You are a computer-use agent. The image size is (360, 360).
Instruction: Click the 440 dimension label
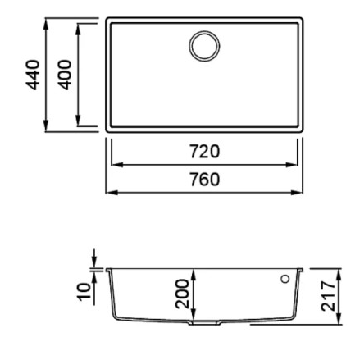point(33,75)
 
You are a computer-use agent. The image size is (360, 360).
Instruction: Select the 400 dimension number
point(65,75)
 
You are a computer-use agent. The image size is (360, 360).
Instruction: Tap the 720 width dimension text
point(205,152)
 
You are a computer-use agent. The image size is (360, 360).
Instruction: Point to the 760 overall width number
point(205,180)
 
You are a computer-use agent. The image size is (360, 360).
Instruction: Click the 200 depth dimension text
point(182,294)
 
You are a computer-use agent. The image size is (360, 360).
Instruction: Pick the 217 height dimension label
point(328,296)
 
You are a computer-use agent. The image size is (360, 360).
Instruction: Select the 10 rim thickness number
point(84,292)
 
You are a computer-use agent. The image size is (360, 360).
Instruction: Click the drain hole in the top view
point(204,46)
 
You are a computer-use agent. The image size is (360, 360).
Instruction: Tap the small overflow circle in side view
point(285,279)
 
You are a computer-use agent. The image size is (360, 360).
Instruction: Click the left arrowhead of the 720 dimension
point(117,165)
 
